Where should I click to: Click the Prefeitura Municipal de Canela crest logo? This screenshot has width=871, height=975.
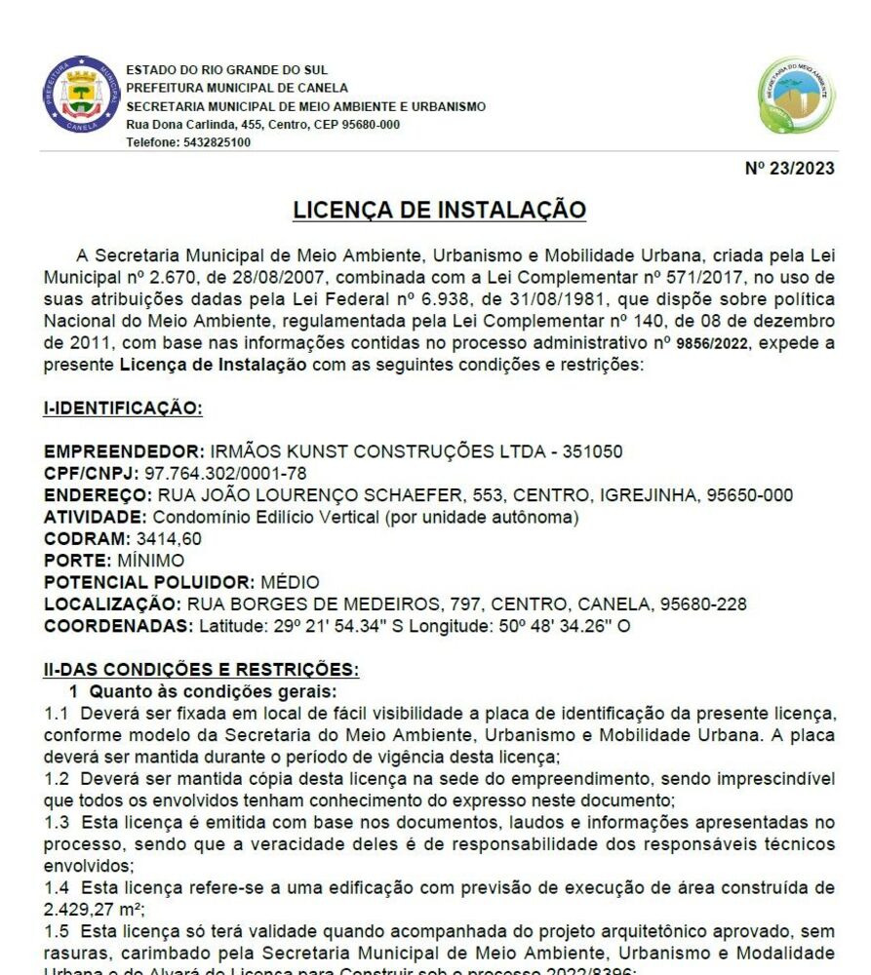[x=81, y=96]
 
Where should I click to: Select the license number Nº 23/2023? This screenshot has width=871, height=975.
[x=789, y=168]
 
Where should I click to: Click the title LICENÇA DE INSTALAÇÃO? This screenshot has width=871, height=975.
[x=440, y=210]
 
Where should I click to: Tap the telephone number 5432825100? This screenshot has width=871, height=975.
[x=217, y=142]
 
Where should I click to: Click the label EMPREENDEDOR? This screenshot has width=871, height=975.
[x=124, y=452]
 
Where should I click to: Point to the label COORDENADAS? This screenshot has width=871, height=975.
[x=119, y=625]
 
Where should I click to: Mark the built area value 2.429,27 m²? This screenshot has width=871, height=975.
[x=89, y=909]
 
